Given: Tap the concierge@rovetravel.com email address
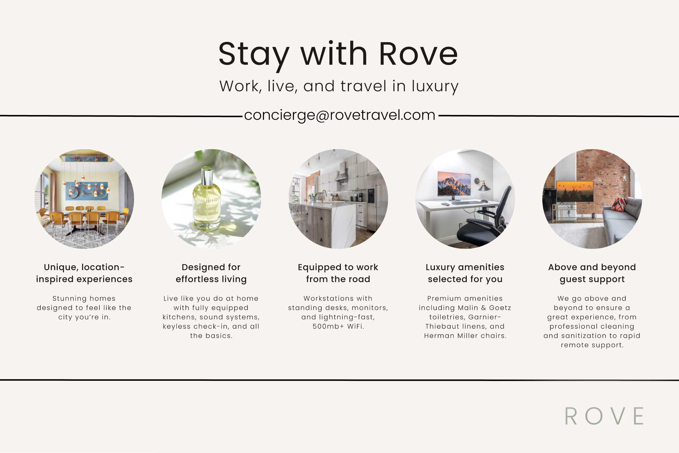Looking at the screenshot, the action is pyautogui.click(x=339, y=115).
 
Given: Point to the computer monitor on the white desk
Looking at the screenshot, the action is pyautogui.click(x=454, y=185).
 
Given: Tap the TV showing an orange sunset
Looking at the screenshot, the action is pyautogui.click(x=575, y=192).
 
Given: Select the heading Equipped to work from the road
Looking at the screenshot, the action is pyautogui.click(x=338, y=273).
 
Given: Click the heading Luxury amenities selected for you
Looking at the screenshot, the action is pyautogui.click(x=465, y=273).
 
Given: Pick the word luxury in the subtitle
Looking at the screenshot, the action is pyautogui.click(x=435, y=86).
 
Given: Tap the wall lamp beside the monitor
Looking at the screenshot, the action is pyautogui.click(x=483, y=185).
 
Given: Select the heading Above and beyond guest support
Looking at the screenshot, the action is pyautogui.click(x=592, y=273).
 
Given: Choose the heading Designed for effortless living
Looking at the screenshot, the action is pyautogui.click(x=211, y=273).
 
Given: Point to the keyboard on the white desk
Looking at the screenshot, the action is pyautogui.click(x=466, y=203).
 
